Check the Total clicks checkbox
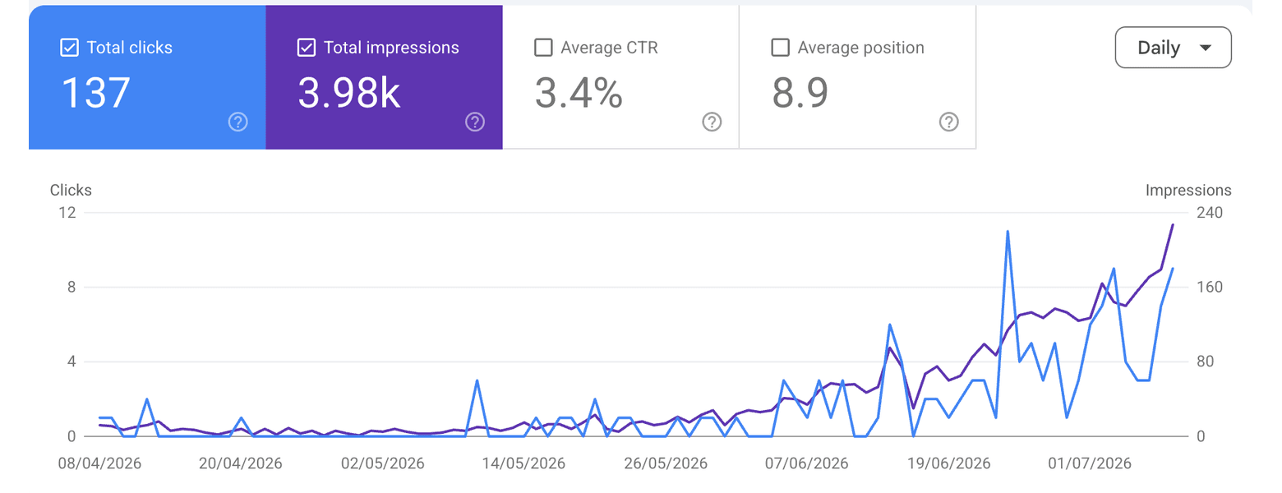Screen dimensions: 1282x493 69,48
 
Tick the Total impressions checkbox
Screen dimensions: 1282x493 307,48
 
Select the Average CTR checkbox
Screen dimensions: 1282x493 543,48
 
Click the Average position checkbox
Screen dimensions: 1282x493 780,48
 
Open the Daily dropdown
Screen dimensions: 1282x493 1174,48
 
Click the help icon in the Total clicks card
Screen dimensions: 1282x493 238,122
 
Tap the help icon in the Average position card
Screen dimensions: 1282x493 949,122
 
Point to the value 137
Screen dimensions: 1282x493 95,93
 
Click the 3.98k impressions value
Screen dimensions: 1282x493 349,93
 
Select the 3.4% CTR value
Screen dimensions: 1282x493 579,93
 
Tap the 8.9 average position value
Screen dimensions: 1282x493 800,93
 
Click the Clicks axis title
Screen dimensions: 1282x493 71,190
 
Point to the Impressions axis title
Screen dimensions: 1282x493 1188,190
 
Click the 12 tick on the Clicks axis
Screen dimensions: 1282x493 67,213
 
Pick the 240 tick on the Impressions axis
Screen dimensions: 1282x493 1210,213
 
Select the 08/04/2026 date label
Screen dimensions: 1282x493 99,463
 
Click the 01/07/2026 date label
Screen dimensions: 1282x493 1090,463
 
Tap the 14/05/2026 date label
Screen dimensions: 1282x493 523,463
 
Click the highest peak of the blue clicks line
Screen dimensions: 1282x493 1008,232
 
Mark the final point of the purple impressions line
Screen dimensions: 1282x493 1173,225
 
